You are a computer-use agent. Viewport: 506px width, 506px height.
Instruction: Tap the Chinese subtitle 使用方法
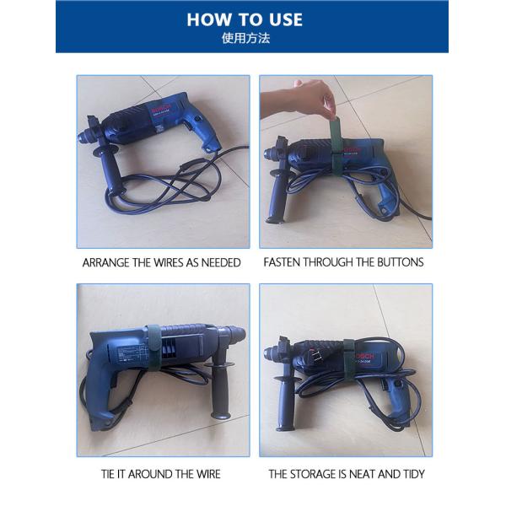[252, 39]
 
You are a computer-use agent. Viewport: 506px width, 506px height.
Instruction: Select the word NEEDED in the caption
[220, 262]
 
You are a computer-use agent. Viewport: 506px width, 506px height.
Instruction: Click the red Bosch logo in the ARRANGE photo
[160, 110]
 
